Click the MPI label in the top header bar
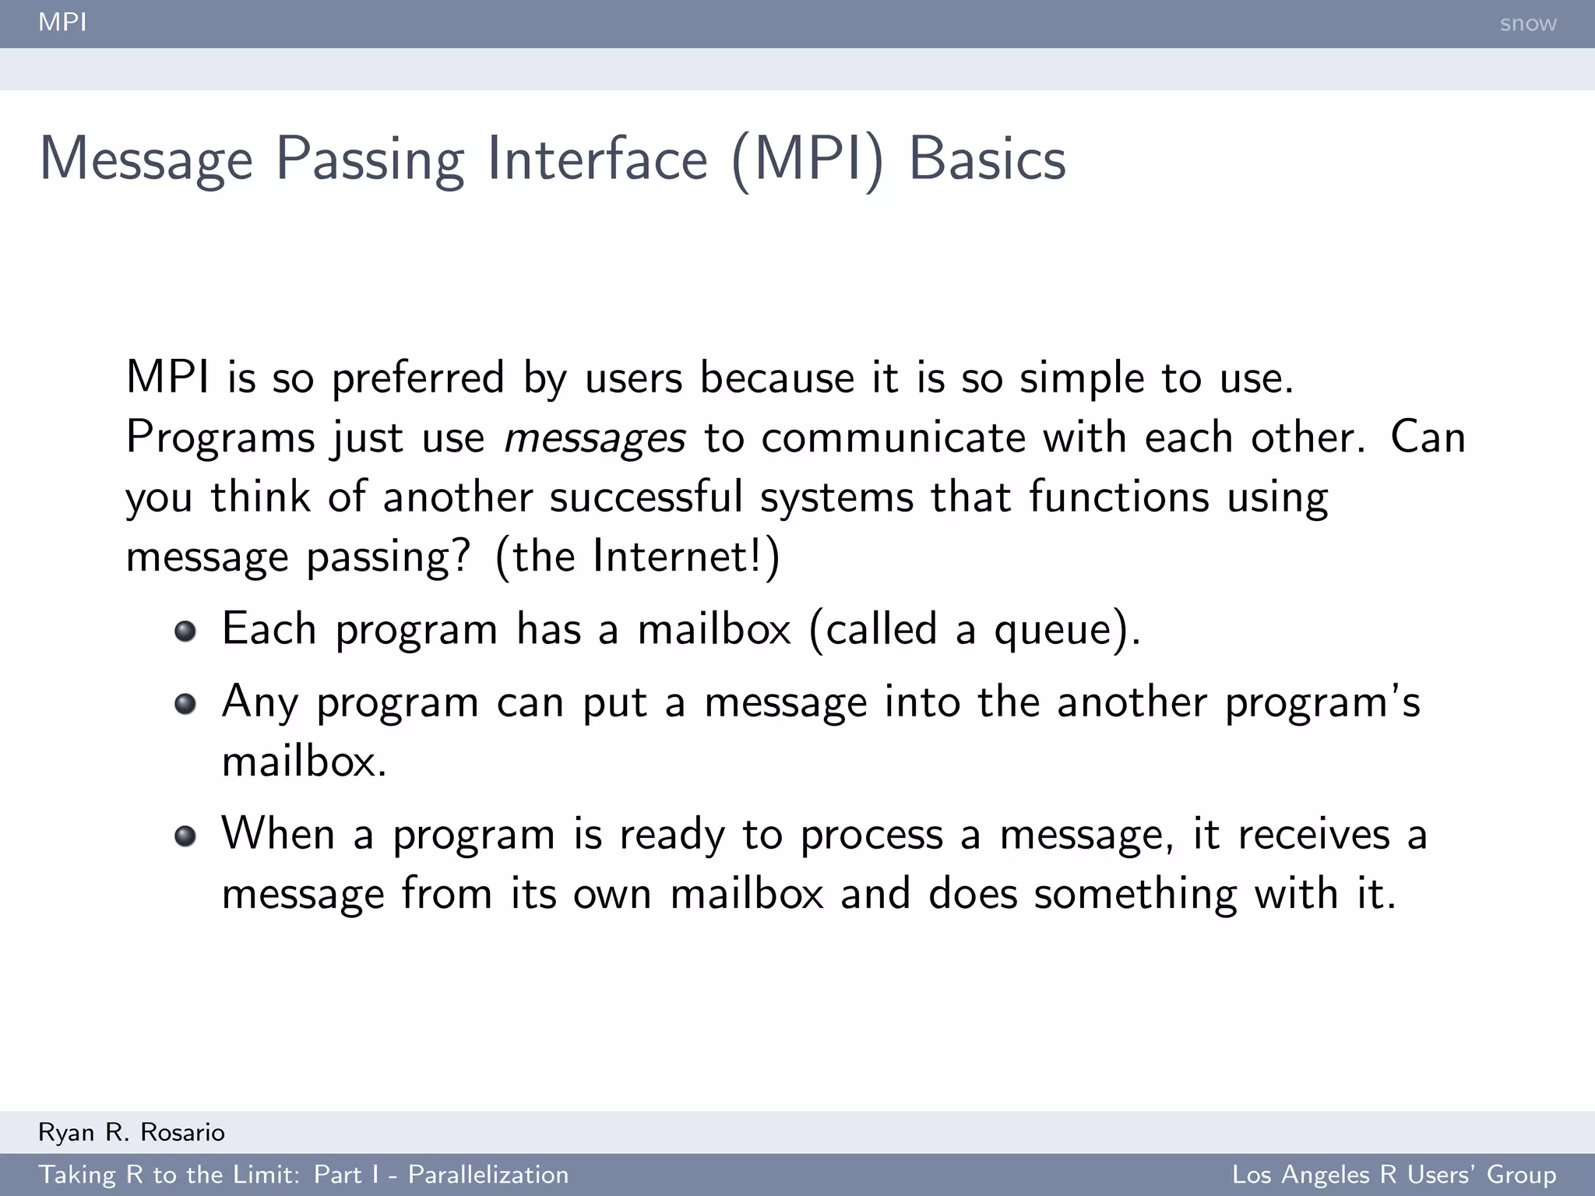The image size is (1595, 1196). click(62, 22)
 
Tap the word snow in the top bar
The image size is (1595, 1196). click(1527, 23)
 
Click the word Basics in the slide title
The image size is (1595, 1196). click(987, 160)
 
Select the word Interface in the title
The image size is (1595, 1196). click(597, 160)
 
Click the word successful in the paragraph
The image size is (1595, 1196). click(646, 497)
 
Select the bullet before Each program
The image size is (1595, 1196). click(185, 631)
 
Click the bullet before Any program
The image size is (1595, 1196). click(185, 704)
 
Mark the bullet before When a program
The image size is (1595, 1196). click(185, 836)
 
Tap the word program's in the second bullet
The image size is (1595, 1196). click(1322, 703)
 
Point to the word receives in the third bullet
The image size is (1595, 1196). click(1314, 835)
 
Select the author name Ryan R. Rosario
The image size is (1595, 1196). click(132, 1132)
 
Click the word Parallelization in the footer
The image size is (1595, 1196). click(488, 1174)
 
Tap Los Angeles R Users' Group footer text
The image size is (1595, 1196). click(1393, 1174)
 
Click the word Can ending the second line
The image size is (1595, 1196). click(1428, 438)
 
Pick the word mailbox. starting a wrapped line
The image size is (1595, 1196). click(304, 762)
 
